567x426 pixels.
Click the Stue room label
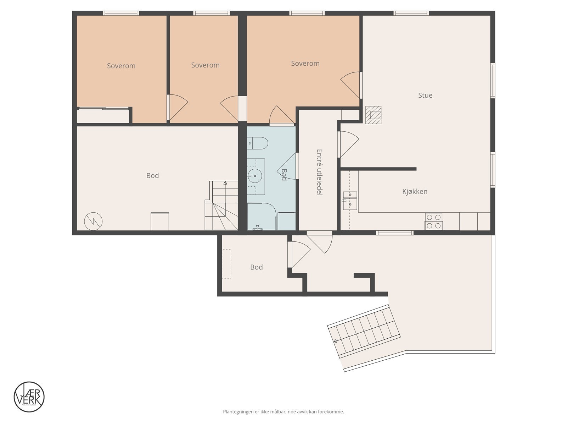(425, 95)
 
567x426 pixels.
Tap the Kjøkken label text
(415, 191)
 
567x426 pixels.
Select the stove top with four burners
(434, 221)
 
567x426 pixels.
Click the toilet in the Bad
(258, 143)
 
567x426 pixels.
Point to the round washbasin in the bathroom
(254, 176)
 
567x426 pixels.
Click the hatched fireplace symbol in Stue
(373, 115)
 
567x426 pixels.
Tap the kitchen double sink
(350, 199)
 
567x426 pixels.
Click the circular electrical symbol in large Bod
(93, 222)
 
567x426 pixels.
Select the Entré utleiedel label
(319, 172)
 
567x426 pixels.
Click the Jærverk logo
(29, 397)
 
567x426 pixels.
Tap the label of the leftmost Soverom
(121, 66)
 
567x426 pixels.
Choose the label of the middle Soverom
(205, 65)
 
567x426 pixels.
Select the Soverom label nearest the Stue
(305, 64)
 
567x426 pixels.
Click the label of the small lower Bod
(256, 267)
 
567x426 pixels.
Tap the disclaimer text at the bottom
(283, 412)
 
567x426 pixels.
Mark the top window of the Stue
(411, 13)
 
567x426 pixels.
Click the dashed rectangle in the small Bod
(226, 263)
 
